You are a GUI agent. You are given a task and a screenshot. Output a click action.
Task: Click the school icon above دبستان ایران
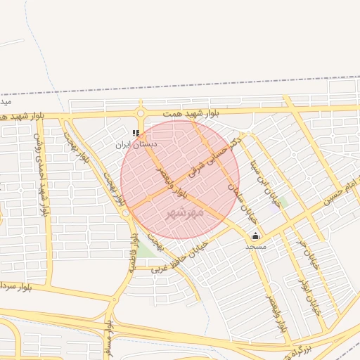tap(136, 133)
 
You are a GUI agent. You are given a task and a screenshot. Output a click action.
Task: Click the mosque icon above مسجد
tap(255, 236)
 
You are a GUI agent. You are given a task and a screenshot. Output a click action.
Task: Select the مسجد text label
tap(256, 247)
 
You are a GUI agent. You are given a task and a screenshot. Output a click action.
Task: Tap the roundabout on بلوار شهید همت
tap(141, 112)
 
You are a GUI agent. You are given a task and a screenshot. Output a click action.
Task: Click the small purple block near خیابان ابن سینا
tap(274, 208)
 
